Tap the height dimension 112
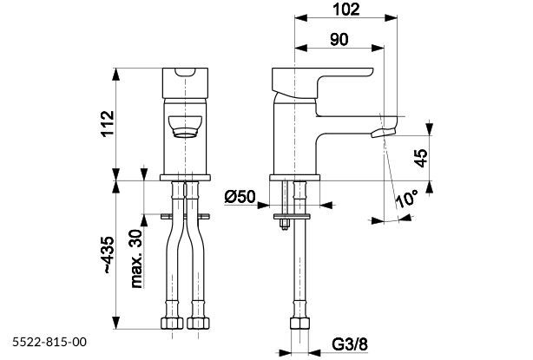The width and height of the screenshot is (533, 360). point(106,125)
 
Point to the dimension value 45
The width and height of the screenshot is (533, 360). point(420,158)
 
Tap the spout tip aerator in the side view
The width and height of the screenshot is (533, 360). point(383,133)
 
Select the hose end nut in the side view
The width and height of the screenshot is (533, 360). point(299,325)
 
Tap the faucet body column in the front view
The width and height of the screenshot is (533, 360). point(184,152)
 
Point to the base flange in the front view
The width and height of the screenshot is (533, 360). point(184,177)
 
